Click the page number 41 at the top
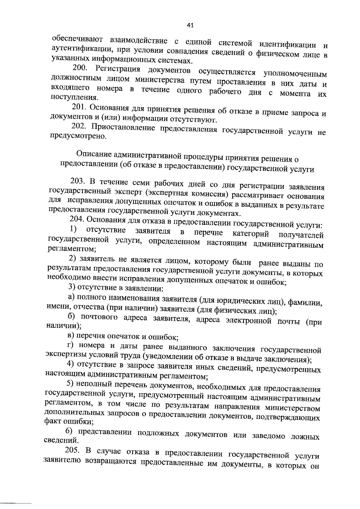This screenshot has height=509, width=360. [x=190, y=26]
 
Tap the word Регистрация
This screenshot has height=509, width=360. [x=118, y=69]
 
